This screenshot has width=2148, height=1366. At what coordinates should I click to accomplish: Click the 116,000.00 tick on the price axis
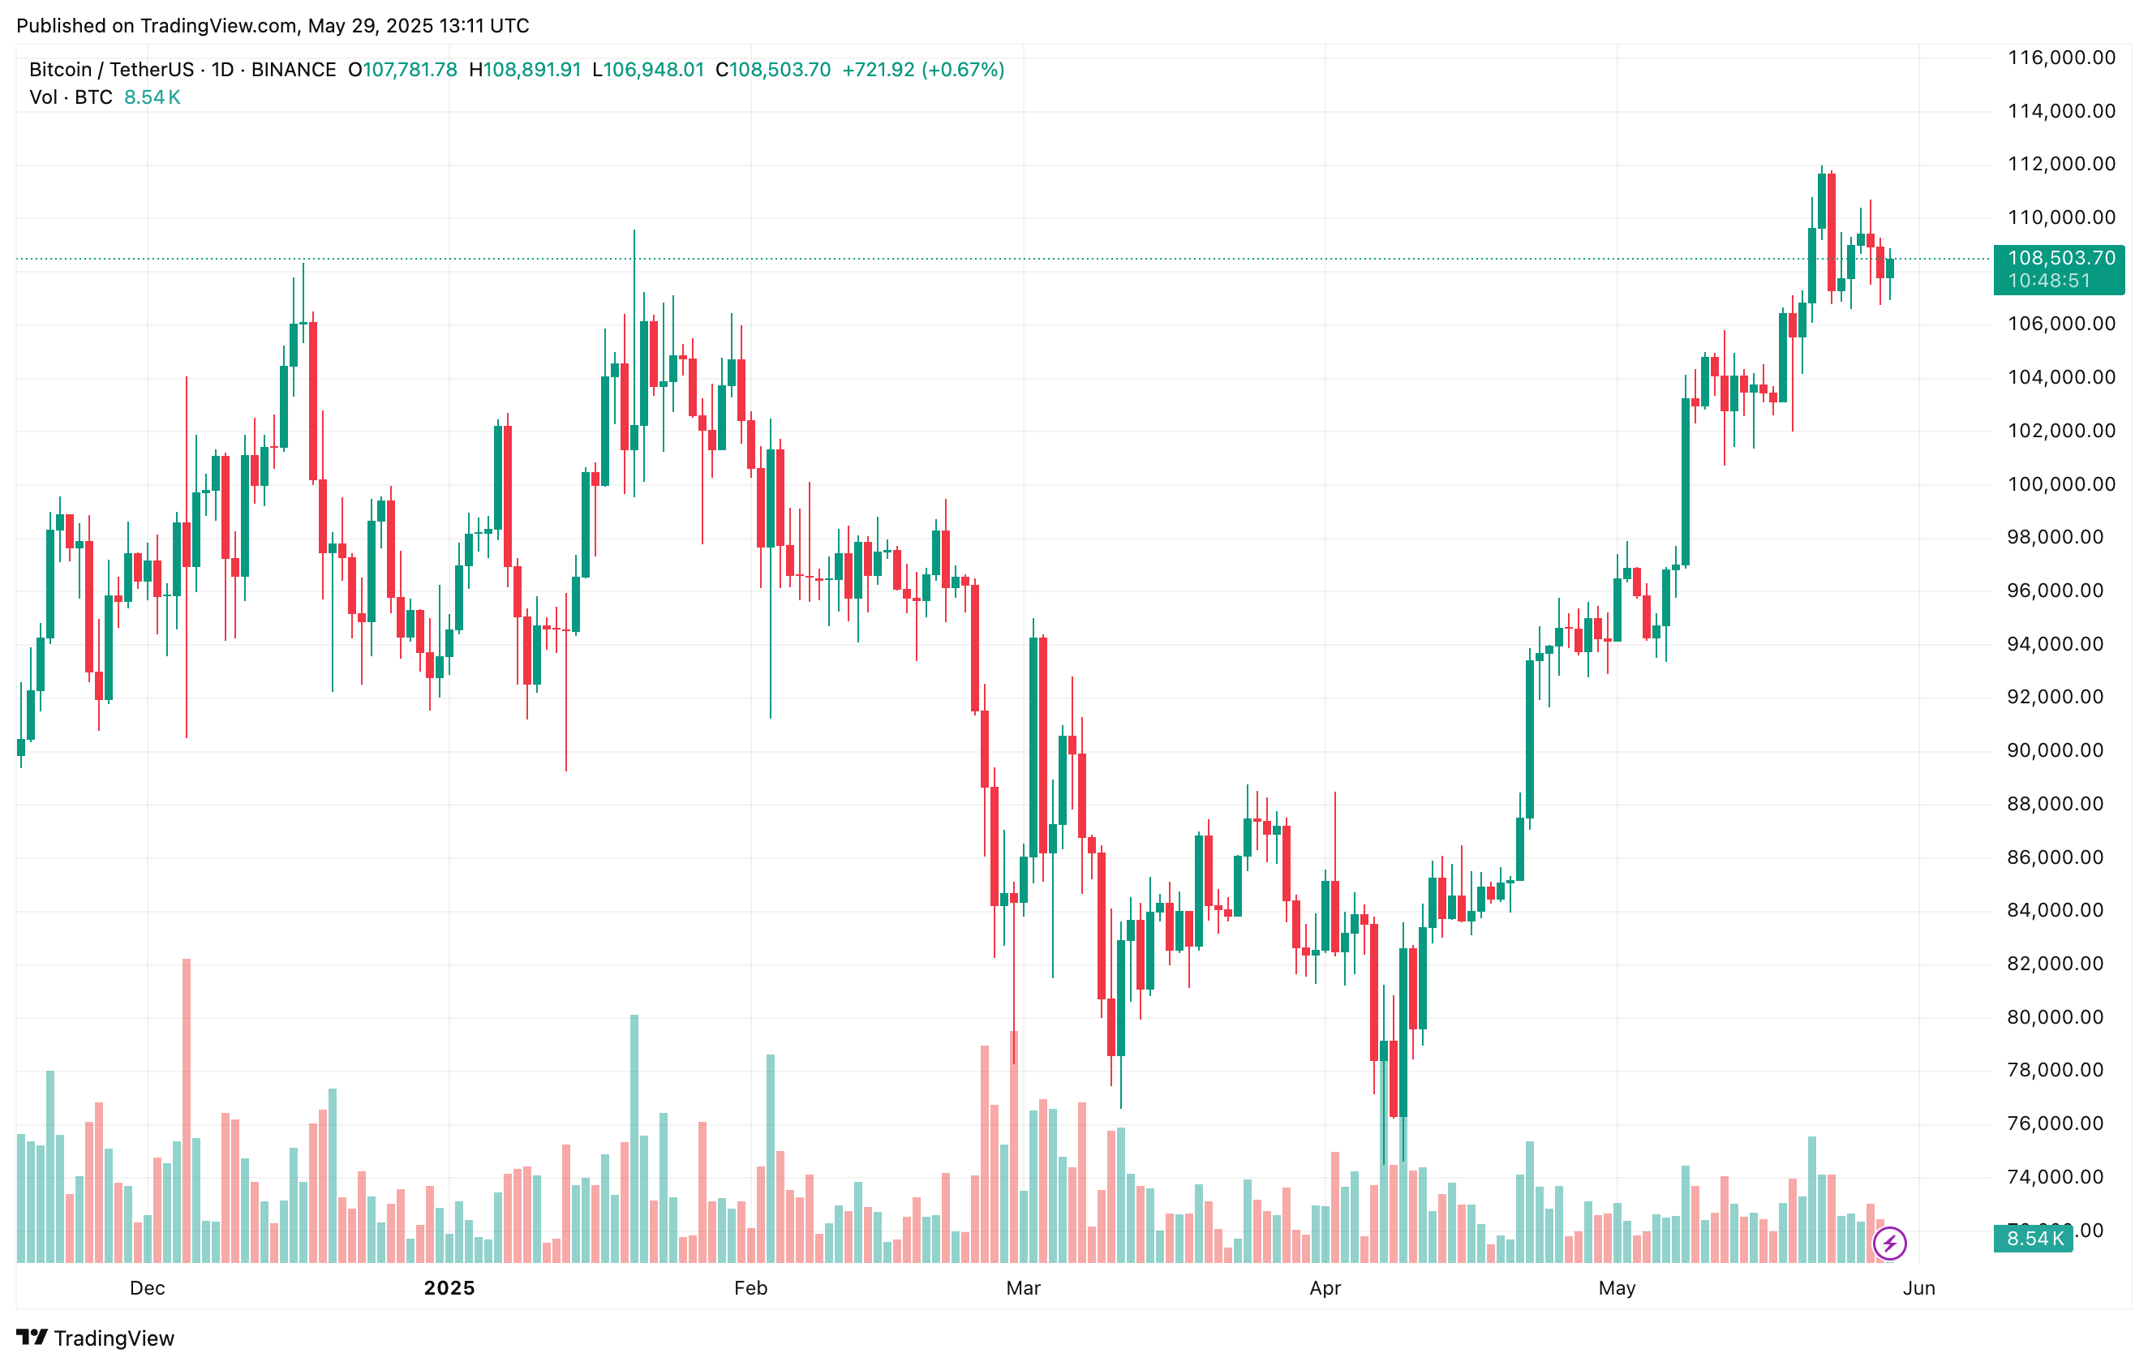pos(2060,58)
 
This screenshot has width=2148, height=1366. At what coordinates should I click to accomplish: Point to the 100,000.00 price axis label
pos(2060,484)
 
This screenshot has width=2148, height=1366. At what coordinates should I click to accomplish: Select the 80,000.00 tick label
pos(2060,1017)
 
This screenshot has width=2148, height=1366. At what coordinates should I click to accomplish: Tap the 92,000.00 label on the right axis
pos(2060,697)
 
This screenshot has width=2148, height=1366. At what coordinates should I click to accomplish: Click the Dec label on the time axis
pos(147,1287)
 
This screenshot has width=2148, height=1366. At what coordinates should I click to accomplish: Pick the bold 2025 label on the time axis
pos(449,1287)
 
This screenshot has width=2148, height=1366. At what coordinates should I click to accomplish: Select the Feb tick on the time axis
pos(750,1287)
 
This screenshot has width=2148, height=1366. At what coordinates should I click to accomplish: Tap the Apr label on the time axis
pos(1325,1287)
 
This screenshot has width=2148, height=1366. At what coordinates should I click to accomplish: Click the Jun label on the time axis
pos(1918,1287)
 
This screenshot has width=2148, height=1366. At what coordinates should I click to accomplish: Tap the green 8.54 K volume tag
pos(2034,1239)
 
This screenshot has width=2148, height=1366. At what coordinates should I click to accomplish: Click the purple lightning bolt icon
pos(1889,1243)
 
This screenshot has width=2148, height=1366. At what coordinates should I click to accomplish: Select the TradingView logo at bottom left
pos(96,1338)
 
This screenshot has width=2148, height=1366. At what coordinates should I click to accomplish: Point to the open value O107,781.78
pos(402,70)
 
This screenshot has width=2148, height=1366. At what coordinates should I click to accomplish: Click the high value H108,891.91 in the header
pos(526,70)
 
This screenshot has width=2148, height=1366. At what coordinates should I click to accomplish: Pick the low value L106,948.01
pos(648,70)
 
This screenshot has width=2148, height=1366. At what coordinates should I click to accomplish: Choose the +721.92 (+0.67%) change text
pos(923,70)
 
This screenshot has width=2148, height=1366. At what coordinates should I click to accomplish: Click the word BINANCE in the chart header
pos(294,70)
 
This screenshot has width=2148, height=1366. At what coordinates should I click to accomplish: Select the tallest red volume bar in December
pos(187,1110)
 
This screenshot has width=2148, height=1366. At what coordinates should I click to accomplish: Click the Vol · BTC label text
pos(71,97)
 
